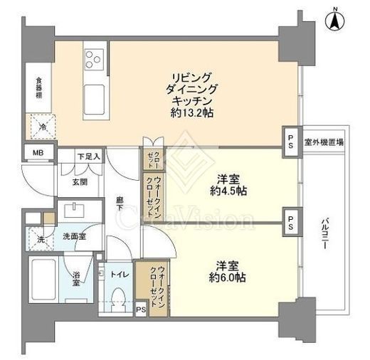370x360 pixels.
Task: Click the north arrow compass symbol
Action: [334, 20]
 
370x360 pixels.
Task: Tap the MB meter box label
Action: [38, 153]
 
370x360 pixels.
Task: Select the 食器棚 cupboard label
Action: [39, 88]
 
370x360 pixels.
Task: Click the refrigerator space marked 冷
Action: [41, 127]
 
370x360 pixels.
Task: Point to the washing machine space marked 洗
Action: [41, 239]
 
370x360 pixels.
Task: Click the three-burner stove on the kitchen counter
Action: [95, 59]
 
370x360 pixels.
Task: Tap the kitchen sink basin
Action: [95, 100]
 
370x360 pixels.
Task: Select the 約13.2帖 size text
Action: [191, 113]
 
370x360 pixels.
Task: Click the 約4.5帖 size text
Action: [228, 191]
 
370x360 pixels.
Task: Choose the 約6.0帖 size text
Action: [227, 277]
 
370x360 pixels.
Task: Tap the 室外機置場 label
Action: [324, 142]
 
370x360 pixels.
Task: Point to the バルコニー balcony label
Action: [324, 234]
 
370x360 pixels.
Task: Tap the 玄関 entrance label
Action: [80, 182]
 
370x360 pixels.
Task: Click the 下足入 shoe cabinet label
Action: [89, 157]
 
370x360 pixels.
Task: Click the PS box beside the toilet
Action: [141, 309]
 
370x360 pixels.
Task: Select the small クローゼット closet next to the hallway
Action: [154, 159]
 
